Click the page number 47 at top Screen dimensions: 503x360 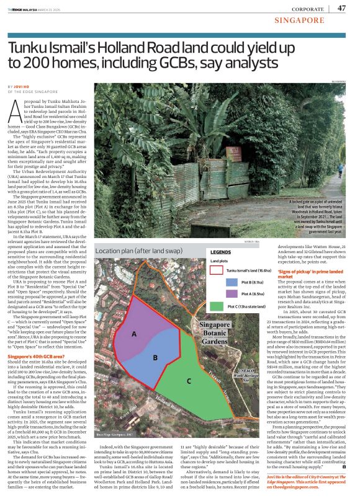(x=341, y=8)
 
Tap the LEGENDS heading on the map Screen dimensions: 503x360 (x=222, y=252)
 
